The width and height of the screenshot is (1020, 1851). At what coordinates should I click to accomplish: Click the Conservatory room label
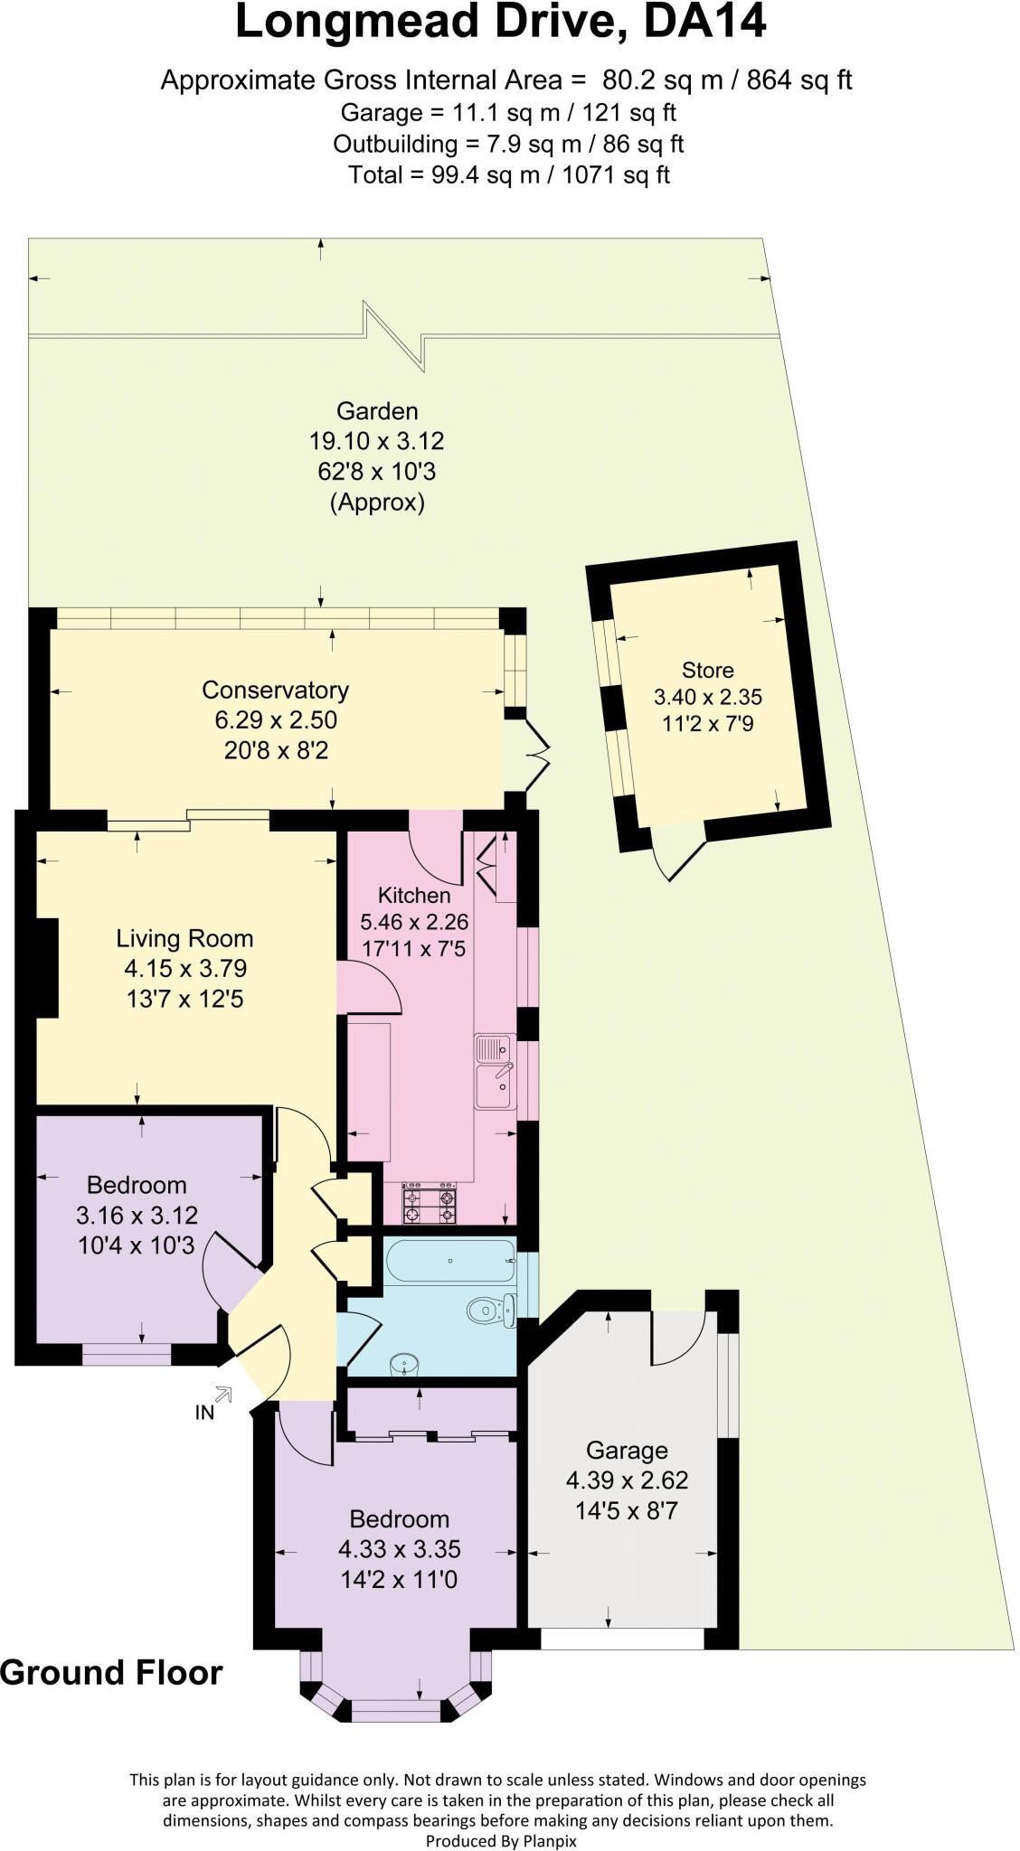coord(275,691)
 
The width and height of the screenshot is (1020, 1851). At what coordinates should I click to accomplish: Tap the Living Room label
coord(184,938)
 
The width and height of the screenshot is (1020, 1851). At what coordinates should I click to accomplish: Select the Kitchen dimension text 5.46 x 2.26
coord(413,923)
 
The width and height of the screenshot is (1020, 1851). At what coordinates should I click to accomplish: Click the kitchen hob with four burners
coord(429,1204)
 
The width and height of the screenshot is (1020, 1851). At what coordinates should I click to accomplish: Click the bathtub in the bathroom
coord(449,1260)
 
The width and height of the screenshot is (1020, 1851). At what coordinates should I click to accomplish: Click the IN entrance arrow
coord(222,1395)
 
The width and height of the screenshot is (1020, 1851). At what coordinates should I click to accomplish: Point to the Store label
coord(707,671)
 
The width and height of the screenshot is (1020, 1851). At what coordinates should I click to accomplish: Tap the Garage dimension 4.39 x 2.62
coord(627,1480)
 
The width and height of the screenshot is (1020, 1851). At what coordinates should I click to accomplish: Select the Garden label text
coord(377,411)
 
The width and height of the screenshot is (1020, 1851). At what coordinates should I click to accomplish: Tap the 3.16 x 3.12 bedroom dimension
coord(137,1216)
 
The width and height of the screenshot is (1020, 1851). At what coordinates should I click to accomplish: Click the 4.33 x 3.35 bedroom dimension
coord(399,1549)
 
